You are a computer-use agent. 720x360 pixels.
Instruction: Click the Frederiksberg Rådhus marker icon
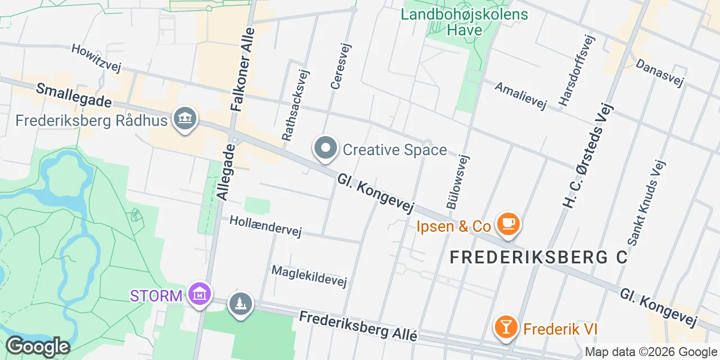(x=185, y=119)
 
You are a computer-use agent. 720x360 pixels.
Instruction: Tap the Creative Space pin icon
(x=325, y=148)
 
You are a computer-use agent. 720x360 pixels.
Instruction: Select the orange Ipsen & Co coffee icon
(x=508, y=224)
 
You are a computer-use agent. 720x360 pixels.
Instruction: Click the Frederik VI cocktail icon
(x=505, y=327)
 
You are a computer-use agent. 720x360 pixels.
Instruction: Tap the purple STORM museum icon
(x=199, y=294)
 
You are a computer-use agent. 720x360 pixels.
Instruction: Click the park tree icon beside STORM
(x=241, y=304)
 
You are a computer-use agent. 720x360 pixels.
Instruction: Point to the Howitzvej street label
(x=96, y=58)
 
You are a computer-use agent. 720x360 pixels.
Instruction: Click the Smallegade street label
(x=74, y=96)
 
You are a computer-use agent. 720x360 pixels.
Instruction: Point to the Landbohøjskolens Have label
(x=465, y=22)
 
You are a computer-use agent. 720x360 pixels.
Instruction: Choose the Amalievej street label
(x=520, y=96)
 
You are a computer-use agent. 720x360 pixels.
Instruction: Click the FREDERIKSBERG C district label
(x=539, y=257)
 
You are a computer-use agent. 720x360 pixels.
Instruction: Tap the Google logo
(x=37, y=346)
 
